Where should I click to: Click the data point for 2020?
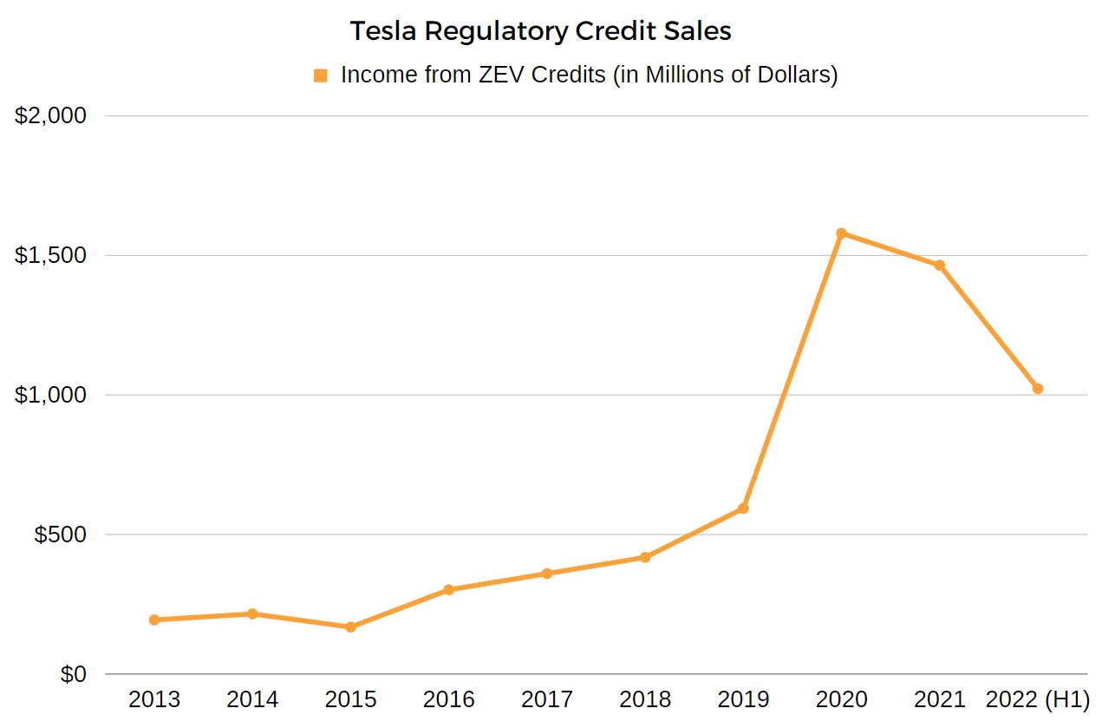click(841, 233)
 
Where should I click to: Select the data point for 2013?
click(154, 620)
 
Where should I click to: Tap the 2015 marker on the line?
click(350, 626)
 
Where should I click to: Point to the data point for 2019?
click(743, 508)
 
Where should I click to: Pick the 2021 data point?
click(939, 265)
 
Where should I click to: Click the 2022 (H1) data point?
click(1037, 389)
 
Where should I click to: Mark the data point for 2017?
click(547, 574)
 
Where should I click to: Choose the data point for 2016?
click(448, 590)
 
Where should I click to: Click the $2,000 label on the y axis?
click(51, 115)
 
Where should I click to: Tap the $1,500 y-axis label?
click(51, 255)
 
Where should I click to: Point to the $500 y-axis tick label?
click(60, 535)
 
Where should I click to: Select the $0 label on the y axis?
click(73, 674)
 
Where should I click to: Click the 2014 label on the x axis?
click(252, 699)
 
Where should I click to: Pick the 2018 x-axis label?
click(645, 699)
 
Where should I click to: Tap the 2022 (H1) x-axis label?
click(1037, 699)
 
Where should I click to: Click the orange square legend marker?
click(321, 75)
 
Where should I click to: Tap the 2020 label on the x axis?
click(841, 699)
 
